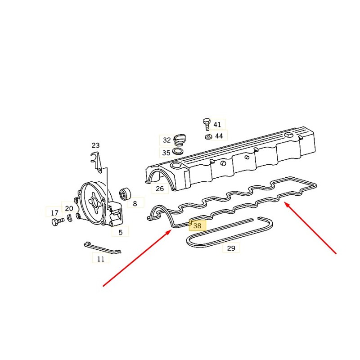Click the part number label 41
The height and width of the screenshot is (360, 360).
click(217, 125)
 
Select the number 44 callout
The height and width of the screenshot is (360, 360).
click(219, 136)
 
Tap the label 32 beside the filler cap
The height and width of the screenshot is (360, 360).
click(167, 140)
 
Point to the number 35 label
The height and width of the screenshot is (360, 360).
click(166, 153)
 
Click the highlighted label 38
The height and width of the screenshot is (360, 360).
click(198, 226)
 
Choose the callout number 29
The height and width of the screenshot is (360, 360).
click(231, 248)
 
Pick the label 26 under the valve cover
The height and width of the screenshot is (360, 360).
click(160, 189)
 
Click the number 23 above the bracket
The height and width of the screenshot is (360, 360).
click(96, 145)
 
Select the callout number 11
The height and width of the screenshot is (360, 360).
click(100, 259)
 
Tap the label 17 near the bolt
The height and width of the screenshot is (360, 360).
click(54, 213)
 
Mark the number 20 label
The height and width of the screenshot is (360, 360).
click(69, 208)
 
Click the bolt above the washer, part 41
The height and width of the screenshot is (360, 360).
click(207, 124)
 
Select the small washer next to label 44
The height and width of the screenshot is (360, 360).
click(208, 137)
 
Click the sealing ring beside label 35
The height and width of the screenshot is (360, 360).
click(178, 152)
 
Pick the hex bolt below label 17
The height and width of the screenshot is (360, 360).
click(58, 222)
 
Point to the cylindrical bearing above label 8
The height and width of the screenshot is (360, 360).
click(125, 193)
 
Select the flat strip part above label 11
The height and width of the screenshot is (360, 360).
click(103, 247)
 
